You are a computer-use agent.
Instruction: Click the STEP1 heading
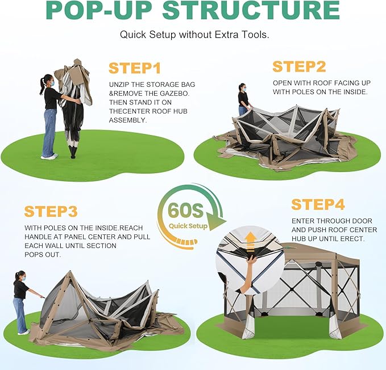(x=134, y=68)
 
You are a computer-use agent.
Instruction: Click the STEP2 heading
(x=299, y=66)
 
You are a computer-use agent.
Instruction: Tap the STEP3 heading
(x=51, y=211)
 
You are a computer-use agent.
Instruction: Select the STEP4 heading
(x=318, y=204)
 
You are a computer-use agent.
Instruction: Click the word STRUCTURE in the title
(x=251, y=10)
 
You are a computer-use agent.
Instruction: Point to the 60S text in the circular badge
(x=186, y=211)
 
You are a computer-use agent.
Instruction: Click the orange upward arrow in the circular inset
(x=251, y=241)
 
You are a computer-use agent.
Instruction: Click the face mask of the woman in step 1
(x=52, y=83)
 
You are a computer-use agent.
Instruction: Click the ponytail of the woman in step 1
(x=42, y=86)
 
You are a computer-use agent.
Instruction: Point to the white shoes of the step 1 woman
(x=49, y=156)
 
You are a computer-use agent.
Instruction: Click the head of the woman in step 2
(x=243, y=87)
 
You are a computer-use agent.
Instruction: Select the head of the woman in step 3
(x=20, y=276)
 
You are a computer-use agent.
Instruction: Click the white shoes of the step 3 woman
(x=24, y=333)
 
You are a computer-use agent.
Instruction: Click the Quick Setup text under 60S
(x=188, y=226)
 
